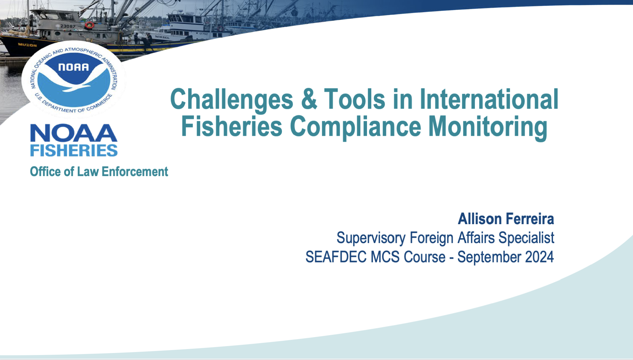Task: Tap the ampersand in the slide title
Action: coord(309,99)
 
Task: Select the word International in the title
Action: coord(489,99)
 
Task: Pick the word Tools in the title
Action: coord(354,99)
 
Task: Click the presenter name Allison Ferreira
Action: coord(506,219)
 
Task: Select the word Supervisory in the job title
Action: coord(371,238)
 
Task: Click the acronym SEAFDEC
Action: coord(336,257)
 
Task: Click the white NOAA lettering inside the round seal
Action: coord(74,67)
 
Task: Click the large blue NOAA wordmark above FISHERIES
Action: coord(74,133)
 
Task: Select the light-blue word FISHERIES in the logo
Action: coord(74,150)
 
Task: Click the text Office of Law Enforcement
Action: coord(99,172)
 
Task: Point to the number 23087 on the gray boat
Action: coord(68,26)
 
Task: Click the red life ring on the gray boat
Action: coord(89,25)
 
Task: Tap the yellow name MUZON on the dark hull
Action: coord(28,45)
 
